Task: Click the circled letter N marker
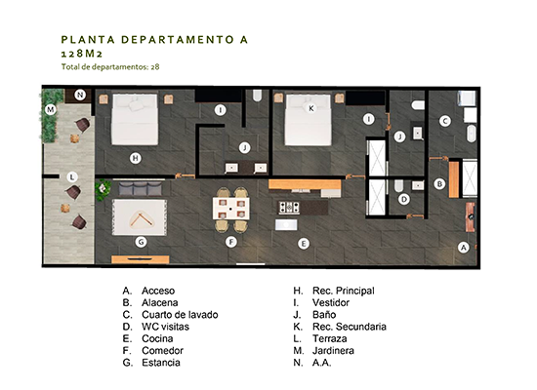80,95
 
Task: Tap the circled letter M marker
51,109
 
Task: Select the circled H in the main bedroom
136,158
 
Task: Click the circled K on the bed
310,108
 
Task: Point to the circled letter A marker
464,248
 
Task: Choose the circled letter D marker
404,199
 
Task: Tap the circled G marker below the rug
142,242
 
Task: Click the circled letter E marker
304,244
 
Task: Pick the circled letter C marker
445,121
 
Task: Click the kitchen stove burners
289,208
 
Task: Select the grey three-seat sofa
141,188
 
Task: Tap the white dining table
230,209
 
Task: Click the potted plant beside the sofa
103,189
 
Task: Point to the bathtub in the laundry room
472,134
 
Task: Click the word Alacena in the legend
160,303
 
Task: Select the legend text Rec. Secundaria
350,327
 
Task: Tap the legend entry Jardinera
333,351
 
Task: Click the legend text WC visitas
165,327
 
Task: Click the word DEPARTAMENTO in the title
178,40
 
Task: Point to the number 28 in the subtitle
155,66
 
